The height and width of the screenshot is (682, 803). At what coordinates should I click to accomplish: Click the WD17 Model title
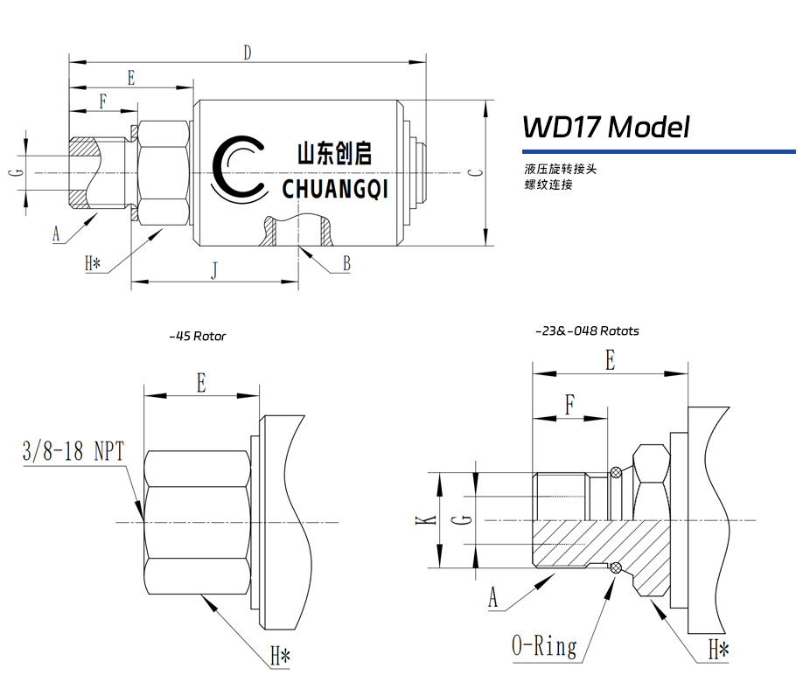click(x=605, y=128)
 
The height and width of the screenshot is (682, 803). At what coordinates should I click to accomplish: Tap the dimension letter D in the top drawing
click(x=248, y=53)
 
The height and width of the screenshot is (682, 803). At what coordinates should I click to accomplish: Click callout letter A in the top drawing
click(x=57, y=234)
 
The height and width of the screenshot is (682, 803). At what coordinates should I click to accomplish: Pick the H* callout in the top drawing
click(x=94, y=263)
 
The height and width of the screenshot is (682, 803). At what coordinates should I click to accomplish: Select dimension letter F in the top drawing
click(x=102, y=101)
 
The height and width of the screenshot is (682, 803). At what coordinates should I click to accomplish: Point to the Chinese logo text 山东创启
click(x=334, y=155)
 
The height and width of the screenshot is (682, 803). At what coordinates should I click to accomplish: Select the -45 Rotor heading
click(x=197, y=336)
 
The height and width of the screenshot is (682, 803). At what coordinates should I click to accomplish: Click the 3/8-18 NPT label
click(x=73, y=451)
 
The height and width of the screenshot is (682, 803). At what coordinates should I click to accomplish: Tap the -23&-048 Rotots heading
click(x=587, y=331)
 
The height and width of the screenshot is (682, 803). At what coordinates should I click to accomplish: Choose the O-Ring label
click(x=544, y=647)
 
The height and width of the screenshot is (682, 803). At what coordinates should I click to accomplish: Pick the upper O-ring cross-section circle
click(x=617, y=473)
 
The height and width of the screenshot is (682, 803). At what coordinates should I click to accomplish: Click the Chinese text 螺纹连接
click(x=548, y=184)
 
